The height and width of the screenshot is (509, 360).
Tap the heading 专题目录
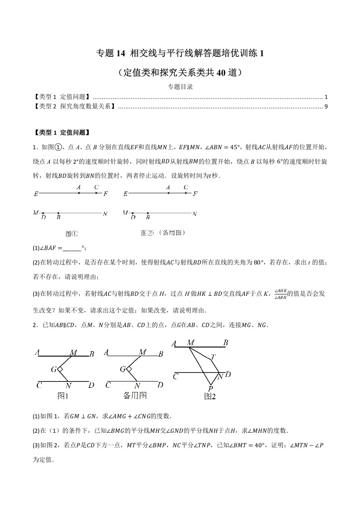(x=180, y=87)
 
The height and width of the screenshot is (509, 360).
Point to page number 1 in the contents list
(x=326, y=97)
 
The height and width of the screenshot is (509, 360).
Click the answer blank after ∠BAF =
(x=71, y=248)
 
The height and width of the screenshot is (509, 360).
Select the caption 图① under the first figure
(x=72, y=234)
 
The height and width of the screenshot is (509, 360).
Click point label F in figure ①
(x=106, y=194)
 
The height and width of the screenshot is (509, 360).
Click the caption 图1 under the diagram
(x=63, y=396)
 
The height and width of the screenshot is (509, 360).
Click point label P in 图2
(x=211, y=388)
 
